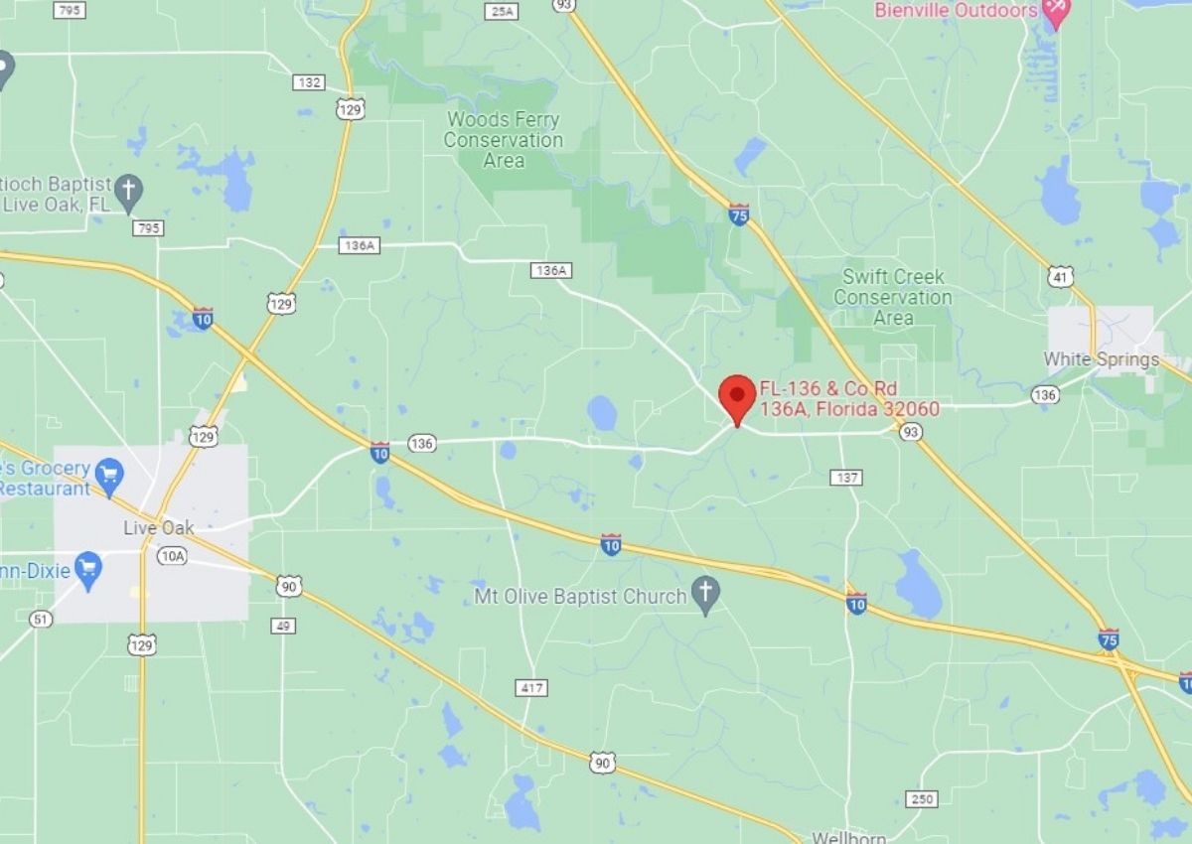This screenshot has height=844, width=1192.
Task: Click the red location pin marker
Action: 737,397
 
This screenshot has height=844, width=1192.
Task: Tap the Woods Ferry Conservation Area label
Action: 503,140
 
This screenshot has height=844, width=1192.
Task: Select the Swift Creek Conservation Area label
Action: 892,297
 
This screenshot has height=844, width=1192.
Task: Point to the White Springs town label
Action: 1101,359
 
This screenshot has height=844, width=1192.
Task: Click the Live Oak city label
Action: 159,527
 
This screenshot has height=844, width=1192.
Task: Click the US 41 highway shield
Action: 1061,277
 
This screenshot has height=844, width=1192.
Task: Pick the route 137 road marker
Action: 846,478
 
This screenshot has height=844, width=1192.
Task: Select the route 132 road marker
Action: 309,82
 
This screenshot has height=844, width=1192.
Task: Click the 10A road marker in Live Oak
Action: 172,556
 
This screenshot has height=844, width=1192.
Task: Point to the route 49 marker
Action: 283,626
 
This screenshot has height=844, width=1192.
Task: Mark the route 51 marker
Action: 40,619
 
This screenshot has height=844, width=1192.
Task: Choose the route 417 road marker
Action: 531,687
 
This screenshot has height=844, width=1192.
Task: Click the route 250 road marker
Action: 921,799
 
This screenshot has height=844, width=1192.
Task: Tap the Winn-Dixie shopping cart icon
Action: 88,570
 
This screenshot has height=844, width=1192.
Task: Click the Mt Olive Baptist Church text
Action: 580,597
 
